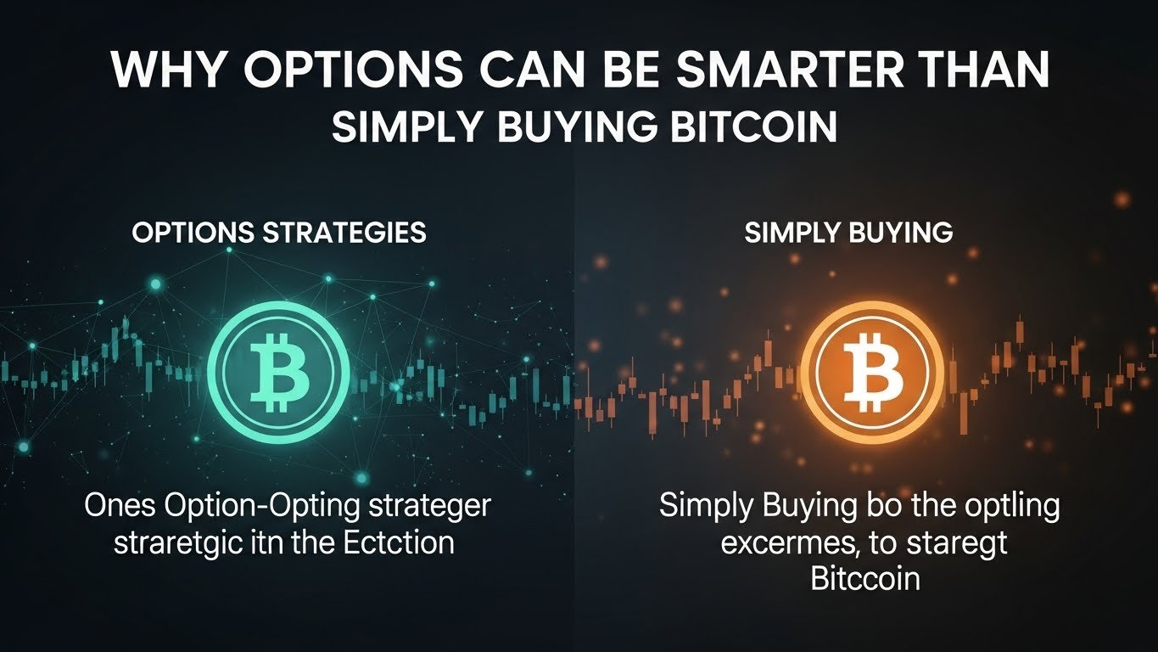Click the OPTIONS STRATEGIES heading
coord(279,233)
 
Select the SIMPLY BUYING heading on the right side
coord(848,233)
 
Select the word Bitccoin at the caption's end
coord(865,578)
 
